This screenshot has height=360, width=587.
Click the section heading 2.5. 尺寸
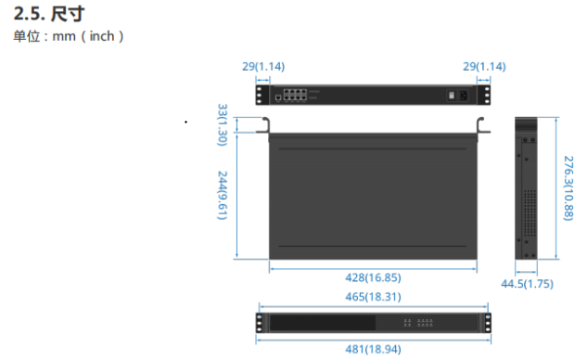click(x=49, y=14)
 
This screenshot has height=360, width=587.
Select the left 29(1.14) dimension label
click(x=263, y=66)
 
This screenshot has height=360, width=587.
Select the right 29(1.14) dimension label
click(x=484, y=66)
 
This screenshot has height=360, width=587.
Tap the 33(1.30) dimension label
click(x=223, y=124)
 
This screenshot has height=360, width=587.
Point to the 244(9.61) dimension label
click(x=223, y=195)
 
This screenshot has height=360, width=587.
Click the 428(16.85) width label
click(x=373, y=277)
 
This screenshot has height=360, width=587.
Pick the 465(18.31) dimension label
click(x=373, y=297)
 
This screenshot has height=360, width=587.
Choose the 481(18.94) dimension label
click(x=373, y=349)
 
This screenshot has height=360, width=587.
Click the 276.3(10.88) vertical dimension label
click(x=568, y=188)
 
